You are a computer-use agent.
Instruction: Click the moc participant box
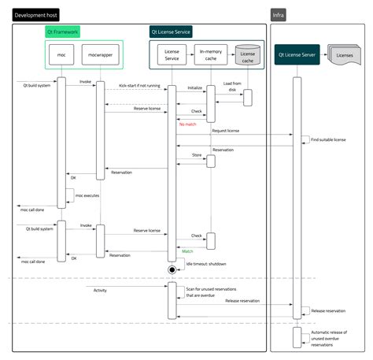pyautogui.click(x=61, y=56)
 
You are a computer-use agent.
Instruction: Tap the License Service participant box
pyautogui.click(x=172, y=55)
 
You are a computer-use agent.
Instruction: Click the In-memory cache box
pyautogui.click(x=210, y=55)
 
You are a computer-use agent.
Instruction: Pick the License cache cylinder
pyautogui.click(x=248, y=55)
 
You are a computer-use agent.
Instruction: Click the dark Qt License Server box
pyautogui.click(x=297, y=56)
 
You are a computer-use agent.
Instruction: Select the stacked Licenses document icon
pyautogui.click(x=345, y=55)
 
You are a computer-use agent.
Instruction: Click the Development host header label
pyautogui.click(x=35, y=15)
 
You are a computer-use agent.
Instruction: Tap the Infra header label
pyautogui.click(x=278, y=15)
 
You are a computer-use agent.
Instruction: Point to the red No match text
pyautogui.click(x=188, y=124)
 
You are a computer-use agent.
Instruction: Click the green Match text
pyautogui.click(x=187, y=251)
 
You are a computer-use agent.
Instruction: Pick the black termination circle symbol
pyautogui.click(x=172, y=270)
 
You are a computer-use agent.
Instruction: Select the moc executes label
pyautogui.click(x=87, y=195)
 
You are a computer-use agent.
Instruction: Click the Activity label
pyautogui.click(x=100, y=291)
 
